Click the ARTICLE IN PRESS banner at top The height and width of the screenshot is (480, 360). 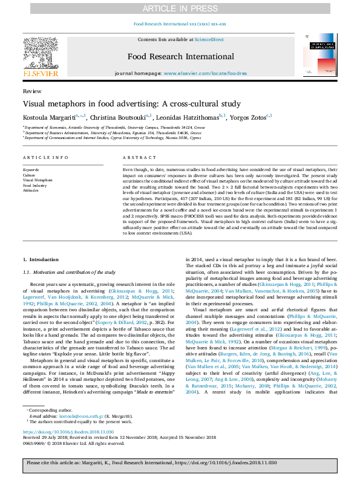click(180, 8)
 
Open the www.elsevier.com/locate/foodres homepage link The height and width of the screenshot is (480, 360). click(205, 73)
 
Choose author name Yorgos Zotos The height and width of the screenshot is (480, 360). click(247, 117)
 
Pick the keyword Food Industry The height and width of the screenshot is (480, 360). click(34, 186)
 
